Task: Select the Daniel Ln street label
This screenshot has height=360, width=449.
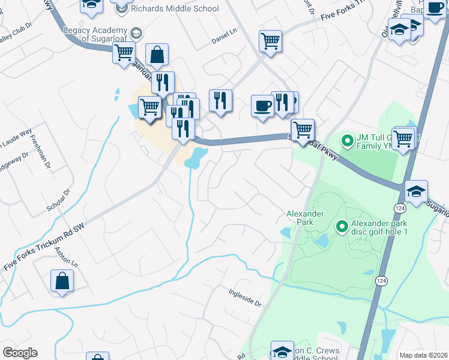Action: (x=224, y=34)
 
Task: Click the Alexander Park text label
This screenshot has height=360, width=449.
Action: (x=305, y=217)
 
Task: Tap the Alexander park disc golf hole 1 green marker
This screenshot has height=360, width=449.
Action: (x=342, y=226)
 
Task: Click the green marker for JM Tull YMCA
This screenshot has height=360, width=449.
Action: (x=346, y=142)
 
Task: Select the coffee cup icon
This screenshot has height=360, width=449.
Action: (x=262, y=106)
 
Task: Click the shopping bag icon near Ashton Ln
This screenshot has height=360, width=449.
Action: (x=62, y=280)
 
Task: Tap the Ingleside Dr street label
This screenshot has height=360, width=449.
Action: (x=246, y=298)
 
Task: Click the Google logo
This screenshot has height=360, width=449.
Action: (x=20, y=353)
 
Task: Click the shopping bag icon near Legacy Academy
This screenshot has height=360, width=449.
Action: (x=157, y=55)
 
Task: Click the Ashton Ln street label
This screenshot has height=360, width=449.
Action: (x=67, y=257)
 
